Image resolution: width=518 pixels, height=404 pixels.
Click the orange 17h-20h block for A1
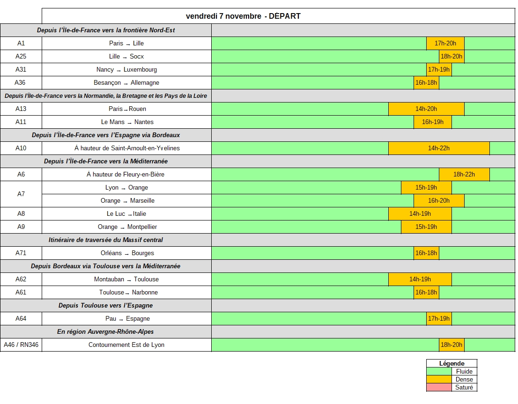tap(445, 44)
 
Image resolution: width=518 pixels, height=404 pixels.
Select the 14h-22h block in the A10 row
tap(439, 148)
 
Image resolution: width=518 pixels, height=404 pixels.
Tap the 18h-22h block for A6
tap(464, 175)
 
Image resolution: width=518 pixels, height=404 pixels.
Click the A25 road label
tap(21, 57)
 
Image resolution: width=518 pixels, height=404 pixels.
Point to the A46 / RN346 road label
tap(21, 345)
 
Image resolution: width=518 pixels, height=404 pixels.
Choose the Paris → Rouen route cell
tap(127, 109)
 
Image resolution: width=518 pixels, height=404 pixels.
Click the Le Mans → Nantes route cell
tap(127, 122)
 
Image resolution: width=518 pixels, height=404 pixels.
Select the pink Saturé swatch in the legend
tap(439, 388)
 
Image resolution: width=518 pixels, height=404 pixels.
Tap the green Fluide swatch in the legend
tap(439, 372)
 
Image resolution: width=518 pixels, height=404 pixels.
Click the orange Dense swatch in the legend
tap(439, 380)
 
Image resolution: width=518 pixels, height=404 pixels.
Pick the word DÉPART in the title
tap(285, 16)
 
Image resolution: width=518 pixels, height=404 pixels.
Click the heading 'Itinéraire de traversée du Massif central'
tap(106, 240)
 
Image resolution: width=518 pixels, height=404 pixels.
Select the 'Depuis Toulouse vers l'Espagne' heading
tap(106, 306)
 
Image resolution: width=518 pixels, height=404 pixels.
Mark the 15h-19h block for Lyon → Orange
tap(426, 188)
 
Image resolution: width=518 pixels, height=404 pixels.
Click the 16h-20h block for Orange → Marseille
tap(439, 201)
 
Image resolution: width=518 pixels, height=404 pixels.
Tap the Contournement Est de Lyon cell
tap(126, 345)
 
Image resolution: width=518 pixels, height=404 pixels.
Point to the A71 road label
tap(21, 253)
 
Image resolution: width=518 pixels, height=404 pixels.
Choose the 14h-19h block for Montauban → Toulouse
tap(420, 279)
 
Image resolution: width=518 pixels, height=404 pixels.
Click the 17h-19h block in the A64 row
tap(439, 319)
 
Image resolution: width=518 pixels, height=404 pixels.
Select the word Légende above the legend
tap(452, 364)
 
